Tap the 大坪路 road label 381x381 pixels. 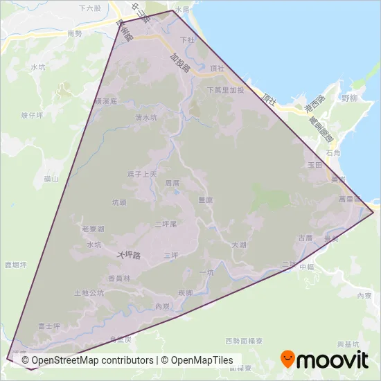tap(129, 255)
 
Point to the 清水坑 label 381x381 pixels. tap(147, 117)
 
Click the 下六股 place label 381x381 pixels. tap(89, 9)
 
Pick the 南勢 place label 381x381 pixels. tap(75, 33)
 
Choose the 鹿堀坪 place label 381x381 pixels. tap(15, 265)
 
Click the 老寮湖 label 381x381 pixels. tap(92, 229)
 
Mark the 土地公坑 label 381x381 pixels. tap(89, 293)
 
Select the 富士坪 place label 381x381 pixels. tap(50, 326)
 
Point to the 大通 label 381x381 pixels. tap(239, 245)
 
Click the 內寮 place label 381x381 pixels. tap(364, 296)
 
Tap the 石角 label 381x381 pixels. tap(333, 152)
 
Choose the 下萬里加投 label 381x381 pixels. tap(226, 90)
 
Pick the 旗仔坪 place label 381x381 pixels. tap(32, 116)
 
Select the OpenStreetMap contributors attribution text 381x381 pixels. tap(87, 360)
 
